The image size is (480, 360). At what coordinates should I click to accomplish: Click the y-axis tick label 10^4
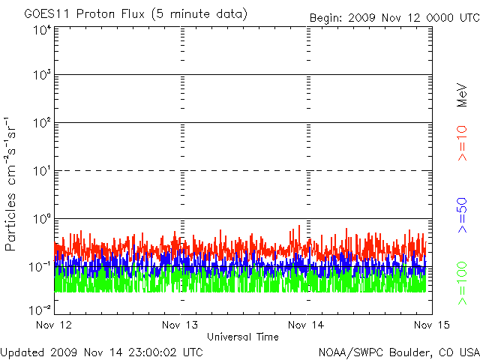click(x=42, y=30)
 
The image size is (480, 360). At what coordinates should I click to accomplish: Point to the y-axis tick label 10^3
click(x=42, y=76)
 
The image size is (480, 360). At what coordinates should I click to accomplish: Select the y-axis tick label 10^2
click(x=42, y=123)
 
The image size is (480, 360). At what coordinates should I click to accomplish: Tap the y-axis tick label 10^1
click(x=42, y=172)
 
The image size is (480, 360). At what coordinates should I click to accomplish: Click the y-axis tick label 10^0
click(x=42, y=219)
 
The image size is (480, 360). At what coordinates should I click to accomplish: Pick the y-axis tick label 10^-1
click(x=40, y=266)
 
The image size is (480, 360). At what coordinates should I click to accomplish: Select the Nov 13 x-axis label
click(x=181, y=325)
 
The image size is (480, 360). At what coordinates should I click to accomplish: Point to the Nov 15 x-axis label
click(x=431, y=325)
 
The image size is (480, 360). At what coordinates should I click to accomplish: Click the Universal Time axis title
click(x=243, y=337)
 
